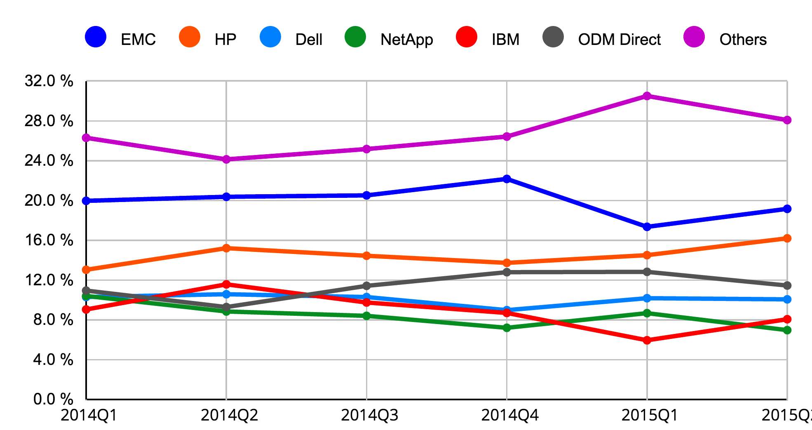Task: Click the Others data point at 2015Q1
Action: coord(647,96)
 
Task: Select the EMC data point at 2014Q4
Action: coord(507,179)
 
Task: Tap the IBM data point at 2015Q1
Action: coord(647,340)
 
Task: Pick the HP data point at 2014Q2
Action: coord(226,248)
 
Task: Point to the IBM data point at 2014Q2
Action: coord(226,284)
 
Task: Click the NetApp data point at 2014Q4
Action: coord(507,328)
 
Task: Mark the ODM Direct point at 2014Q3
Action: coord(366,286)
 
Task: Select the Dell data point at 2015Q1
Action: coord(647,298)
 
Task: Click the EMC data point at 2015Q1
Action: coord(647,227)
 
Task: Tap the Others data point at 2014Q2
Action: coord(226,159)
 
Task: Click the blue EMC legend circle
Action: coord(96,37)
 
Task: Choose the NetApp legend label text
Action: coord(406,40)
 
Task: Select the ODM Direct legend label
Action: coord(619,40)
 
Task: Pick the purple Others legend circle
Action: coord(694,37)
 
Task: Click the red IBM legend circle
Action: coord(467,37)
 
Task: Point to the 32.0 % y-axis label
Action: coord(49,81)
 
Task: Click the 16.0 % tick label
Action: coord(49,240)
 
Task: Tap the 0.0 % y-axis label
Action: coord(53,399)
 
